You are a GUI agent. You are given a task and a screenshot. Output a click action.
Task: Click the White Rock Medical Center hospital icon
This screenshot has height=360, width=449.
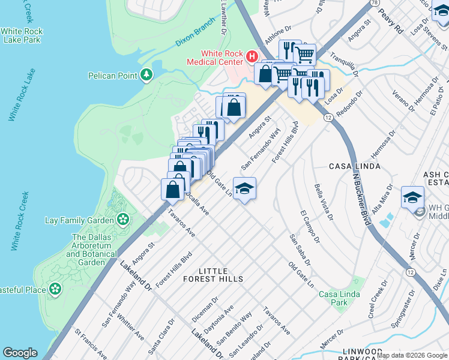pyautogui.click(x=252, y=57)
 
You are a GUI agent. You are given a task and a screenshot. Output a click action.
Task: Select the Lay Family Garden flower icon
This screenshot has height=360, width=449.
pyautogui.click(x=123, y=220)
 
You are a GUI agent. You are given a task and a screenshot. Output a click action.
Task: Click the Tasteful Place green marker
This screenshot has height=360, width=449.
pyautogui.click(x=55, y=289)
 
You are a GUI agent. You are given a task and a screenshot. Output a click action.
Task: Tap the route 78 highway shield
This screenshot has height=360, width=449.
pyautogui.click(x=375, y=4)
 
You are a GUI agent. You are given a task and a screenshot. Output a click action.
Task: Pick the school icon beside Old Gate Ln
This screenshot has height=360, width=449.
pyautogui.click(x=244, y=189)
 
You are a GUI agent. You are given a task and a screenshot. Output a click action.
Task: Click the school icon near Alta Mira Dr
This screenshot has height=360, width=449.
pyautogui.click(x=413, y=197)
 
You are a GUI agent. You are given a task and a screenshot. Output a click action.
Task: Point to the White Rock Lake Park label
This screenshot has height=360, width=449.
pyautogui.click(x=21, y=35)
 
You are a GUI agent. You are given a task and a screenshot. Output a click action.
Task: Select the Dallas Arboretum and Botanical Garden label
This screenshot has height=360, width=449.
pyautogui.click(x=91, y=250)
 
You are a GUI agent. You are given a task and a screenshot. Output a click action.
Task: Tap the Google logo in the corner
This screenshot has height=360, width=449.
pyautogui.click(x=20, y=353)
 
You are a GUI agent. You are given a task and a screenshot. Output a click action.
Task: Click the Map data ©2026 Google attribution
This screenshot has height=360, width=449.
pyautogui.click(x=411, y=355)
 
